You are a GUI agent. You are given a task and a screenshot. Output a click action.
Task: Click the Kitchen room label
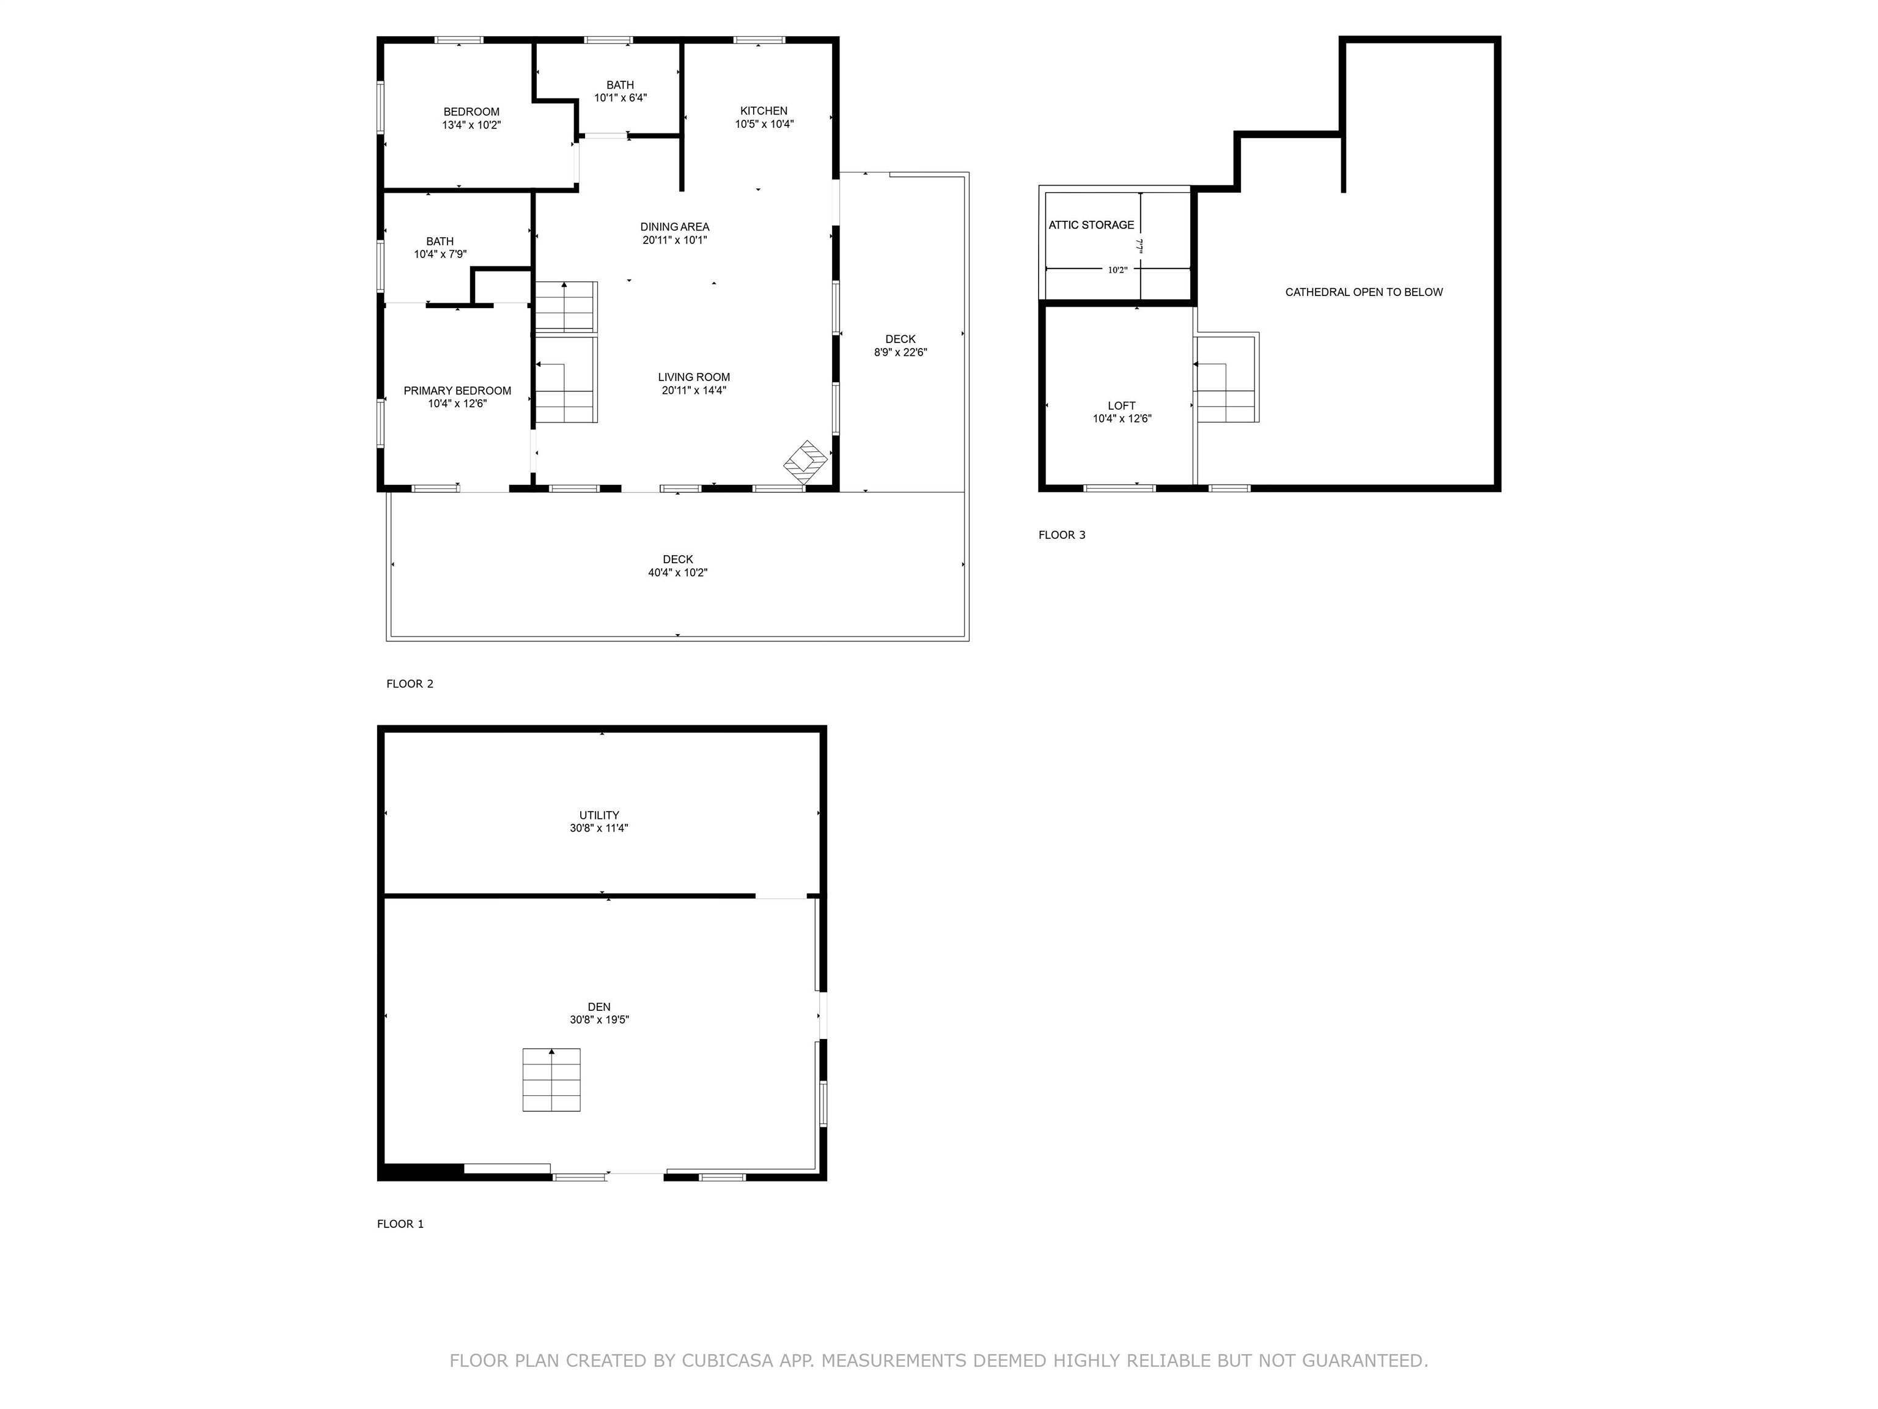[764, 111]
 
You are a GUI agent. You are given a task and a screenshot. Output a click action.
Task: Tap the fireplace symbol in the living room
[805, 463]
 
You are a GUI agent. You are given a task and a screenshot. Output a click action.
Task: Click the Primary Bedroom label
[458, 391]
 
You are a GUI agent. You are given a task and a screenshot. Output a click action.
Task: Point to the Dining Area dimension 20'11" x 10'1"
[675, 240]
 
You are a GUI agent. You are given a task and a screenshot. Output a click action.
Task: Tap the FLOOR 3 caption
[1062, 535]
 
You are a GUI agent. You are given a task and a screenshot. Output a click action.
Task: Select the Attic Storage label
[1092, 225]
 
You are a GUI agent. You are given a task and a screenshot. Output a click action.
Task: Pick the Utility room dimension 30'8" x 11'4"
[599, 828]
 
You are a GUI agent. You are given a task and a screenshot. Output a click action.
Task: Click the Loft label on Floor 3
[1122, 406]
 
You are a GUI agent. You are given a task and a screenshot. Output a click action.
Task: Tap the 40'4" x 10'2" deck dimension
[677, 572]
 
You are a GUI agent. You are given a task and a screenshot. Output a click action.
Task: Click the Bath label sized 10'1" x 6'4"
[620, 85]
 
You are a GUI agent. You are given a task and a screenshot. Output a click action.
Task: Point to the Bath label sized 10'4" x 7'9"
[440, 241]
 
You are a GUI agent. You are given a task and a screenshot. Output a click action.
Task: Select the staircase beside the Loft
[1226, 377]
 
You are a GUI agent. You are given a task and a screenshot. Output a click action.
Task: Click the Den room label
[599, 1007]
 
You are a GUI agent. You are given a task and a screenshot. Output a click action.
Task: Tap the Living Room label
[694, 377]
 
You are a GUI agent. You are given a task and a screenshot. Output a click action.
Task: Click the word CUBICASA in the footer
[727, 1361]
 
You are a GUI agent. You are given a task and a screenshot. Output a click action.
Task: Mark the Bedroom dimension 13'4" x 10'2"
[472, 125]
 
